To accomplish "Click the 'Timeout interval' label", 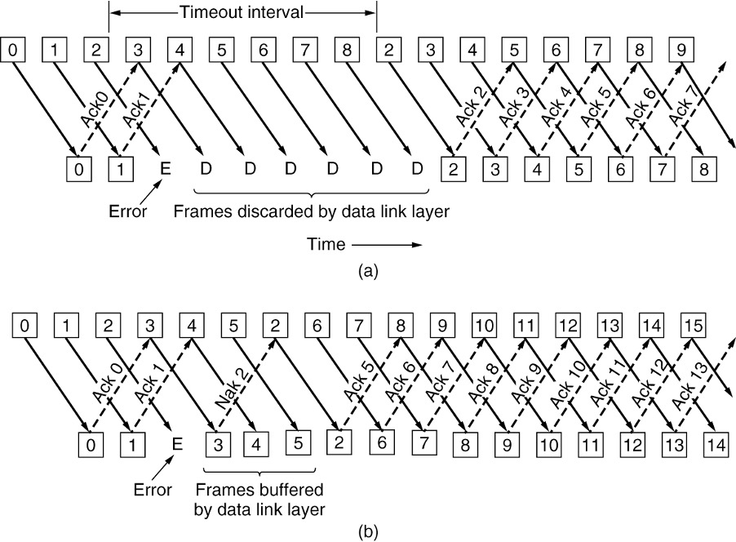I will click(x=242, y=13).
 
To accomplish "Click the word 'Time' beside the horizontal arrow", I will click(x=326, y=243).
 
